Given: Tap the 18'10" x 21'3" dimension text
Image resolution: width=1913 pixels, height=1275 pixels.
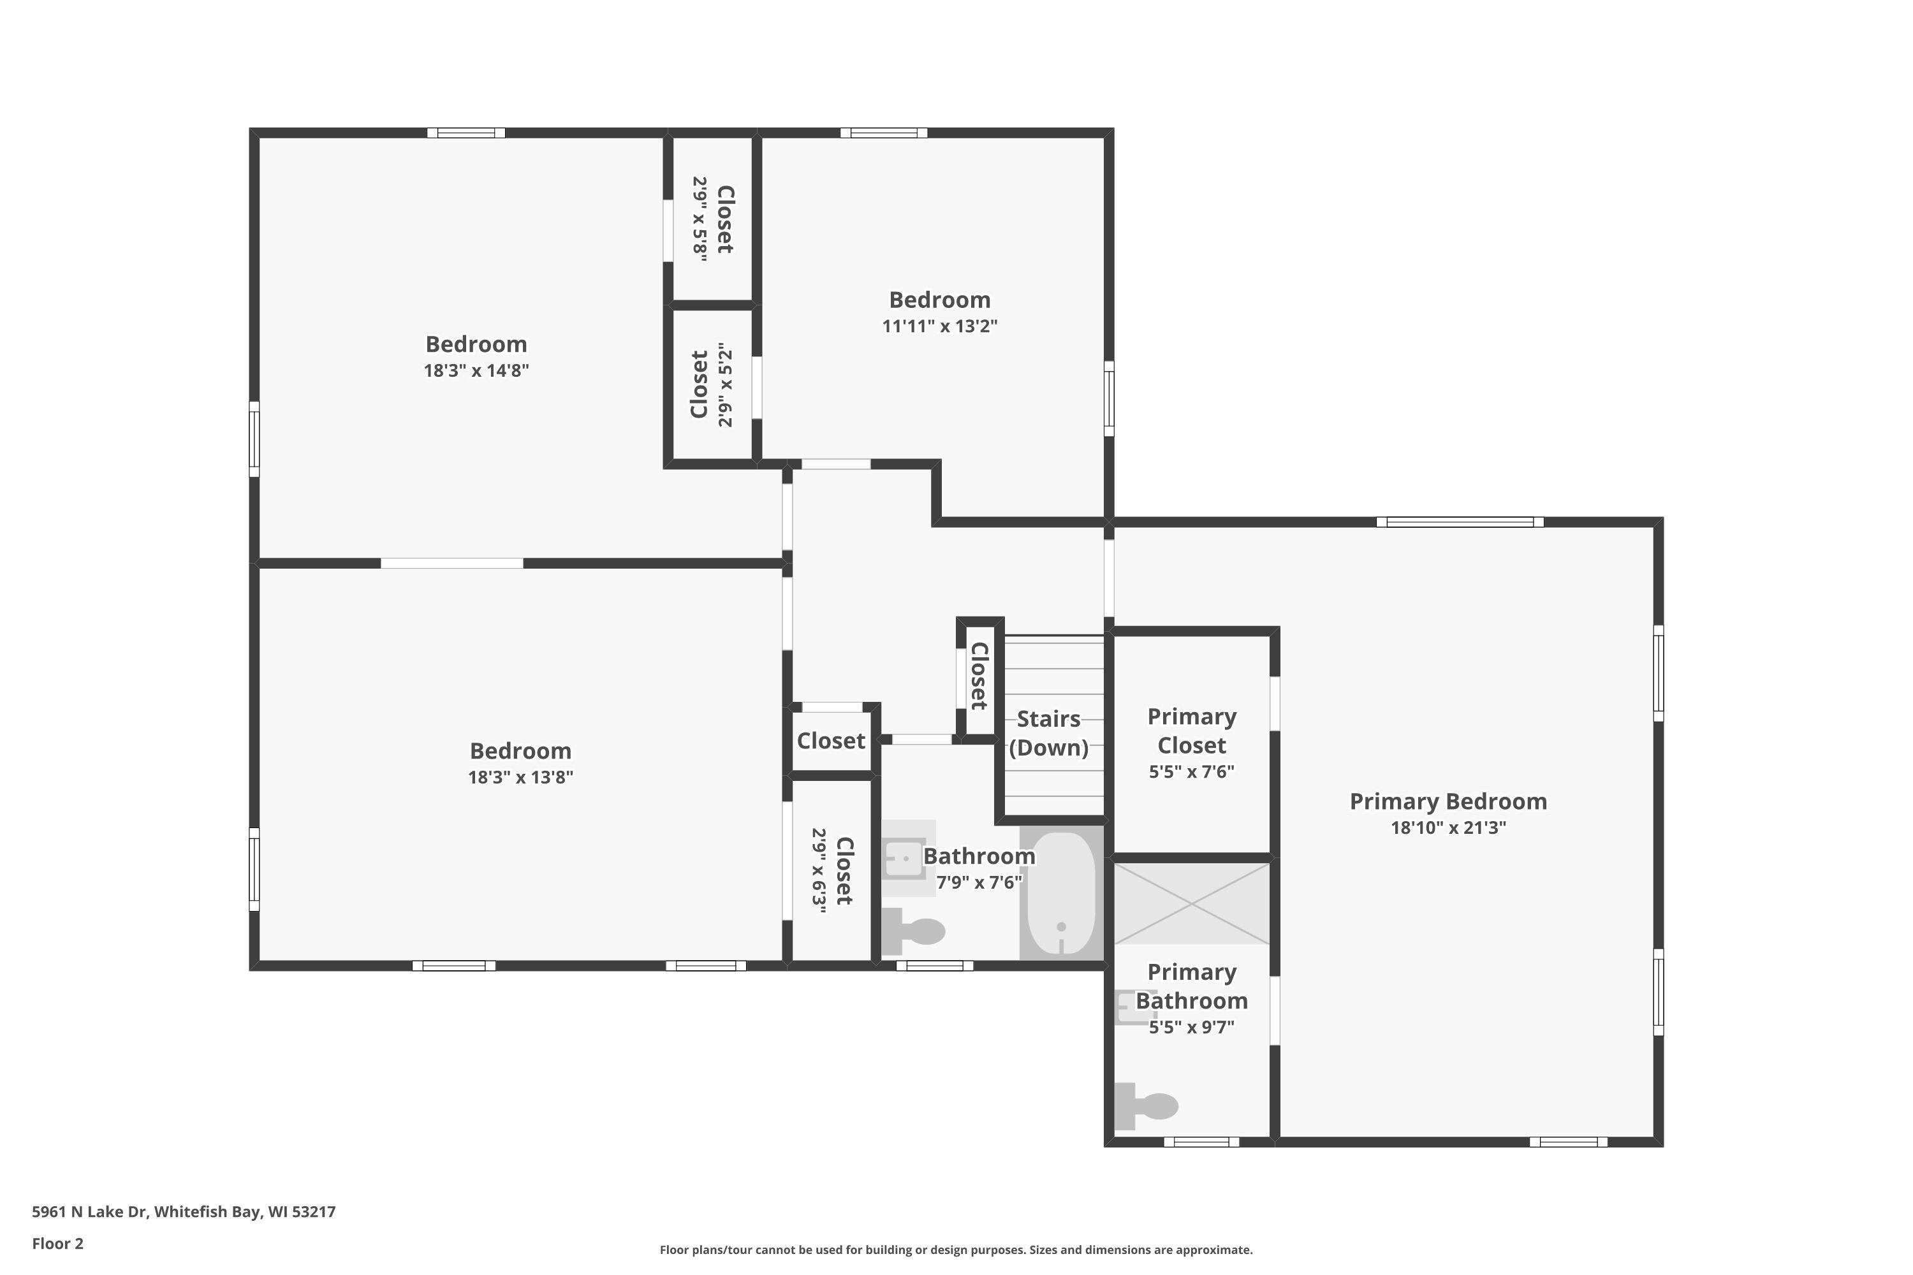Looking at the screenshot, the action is pos(1448,827).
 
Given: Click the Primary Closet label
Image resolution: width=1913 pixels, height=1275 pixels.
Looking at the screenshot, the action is pos(1192,731).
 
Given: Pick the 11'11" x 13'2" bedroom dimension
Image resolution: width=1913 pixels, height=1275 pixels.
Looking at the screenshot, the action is pos(939,326).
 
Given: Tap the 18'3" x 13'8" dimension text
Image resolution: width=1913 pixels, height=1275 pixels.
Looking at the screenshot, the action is pos(520,777).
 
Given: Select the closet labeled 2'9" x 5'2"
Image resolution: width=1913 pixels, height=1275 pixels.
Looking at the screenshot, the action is pos(712,384).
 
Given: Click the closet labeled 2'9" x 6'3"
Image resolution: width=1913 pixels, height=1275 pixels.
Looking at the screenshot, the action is pos(832,871).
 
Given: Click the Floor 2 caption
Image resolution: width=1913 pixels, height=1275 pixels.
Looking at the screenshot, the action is pos(58,1243).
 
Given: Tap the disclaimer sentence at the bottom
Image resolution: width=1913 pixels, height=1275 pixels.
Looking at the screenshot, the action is pos(956,1249).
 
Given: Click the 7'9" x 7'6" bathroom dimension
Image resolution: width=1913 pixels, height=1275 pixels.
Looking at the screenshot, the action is pos(979,882).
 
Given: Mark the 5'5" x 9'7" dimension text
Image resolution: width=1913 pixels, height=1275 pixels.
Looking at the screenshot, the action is pos(1192,1027).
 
